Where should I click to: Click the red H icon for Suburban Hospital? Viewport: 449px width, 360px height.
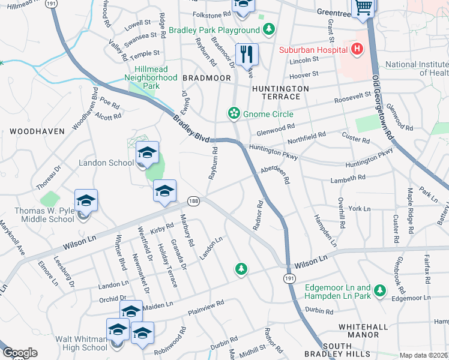[x=357, y=49]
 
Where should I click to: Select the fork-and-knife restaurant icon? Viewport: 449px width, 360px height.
[x=246, y=55]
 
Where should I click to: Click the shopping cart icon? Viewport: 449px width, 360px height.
[x=363, y=8]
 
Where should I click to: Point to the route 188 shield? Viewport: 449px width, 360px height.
[x=193, y=200]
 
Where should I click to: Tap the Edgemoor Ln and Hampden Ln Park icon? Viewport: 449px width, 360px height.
[x=379, y=291]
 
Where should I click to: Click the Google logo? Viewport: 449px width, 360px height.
[x=20, y=353]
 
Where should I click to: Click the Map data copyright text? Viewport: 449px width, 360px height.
[x=424, y=355]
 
